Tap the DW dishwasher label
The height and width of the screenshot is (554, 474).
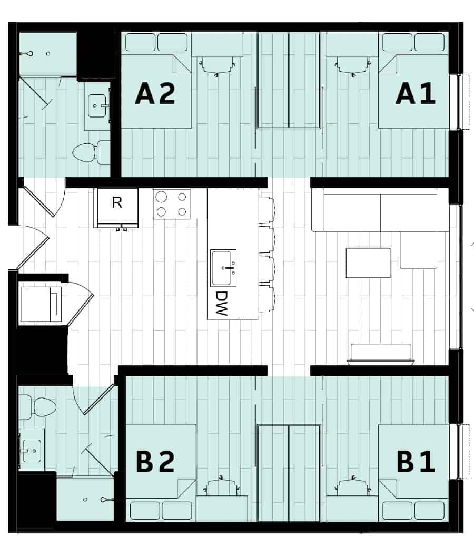coord(221,303)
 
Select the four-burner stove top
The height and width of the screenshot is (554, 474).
coord(172,204)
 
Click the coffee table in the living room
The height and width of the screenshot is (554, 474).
coord(368,263)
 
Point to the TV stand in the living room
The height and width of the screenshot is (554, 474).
coord(381,353)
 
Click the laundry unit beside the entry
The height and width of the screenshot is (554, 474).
coord(41,304)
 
